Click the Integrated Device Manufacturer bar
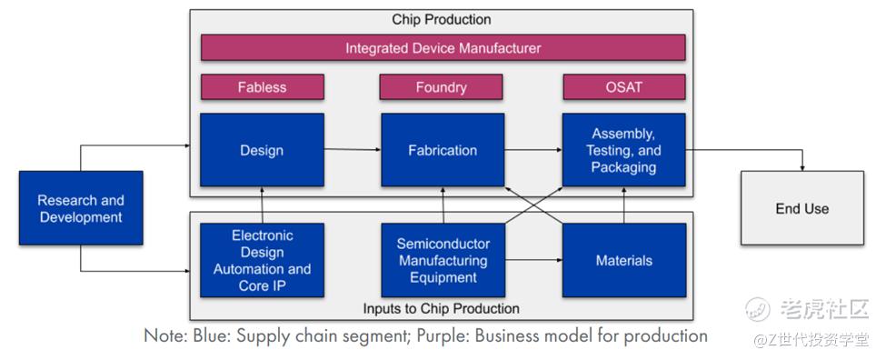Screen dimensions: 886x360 tap(443, 47)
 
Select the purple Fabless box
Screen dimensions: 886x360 tap(263, 87)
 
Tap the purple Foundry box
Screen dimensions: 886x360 tap(441, 87)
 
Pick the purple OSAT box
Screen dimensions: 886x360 tap(624, 87)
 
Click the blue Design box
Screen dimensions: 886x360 tap(263, 150)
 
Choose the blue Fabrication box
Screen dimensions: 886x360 tap(443, 150)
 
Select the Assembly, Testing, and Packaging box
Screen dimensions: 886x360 tap(623, 150)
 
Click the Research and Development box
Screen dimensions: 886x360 tap(81, 208)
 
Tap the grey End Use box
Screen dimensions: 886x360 tap(802, 208)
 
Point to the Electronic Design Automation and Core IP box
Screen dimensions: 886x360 tap(263, 260)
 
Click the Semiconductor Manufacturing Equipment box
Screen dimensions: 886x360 tap(443, 260)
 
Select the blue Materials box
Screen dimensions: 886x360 tap(623, 260)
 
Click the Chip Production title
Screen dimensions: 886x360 tap(442, 19)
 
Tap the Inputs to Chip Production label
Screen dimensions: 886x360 tap(441, 308)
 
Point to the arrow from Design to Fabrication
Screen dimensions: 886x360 tap(353, 149)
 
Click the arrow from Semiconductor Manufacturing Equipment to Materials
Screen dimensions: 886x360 tap(533, 261)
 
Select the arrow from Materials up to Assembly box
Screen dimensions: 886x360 tap(623, 205)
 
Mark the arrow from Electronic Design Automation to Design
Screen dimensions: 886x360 tap(263, 205)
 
